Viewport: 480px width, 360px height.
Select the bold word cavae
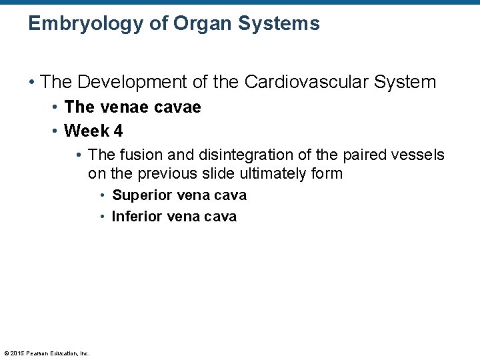[x=177, y=107]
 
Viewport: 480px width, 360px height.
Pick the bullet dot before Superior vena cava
[x=103, y=196]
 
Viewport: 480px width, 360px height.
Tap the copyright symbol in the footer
[x=6, y=353]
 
